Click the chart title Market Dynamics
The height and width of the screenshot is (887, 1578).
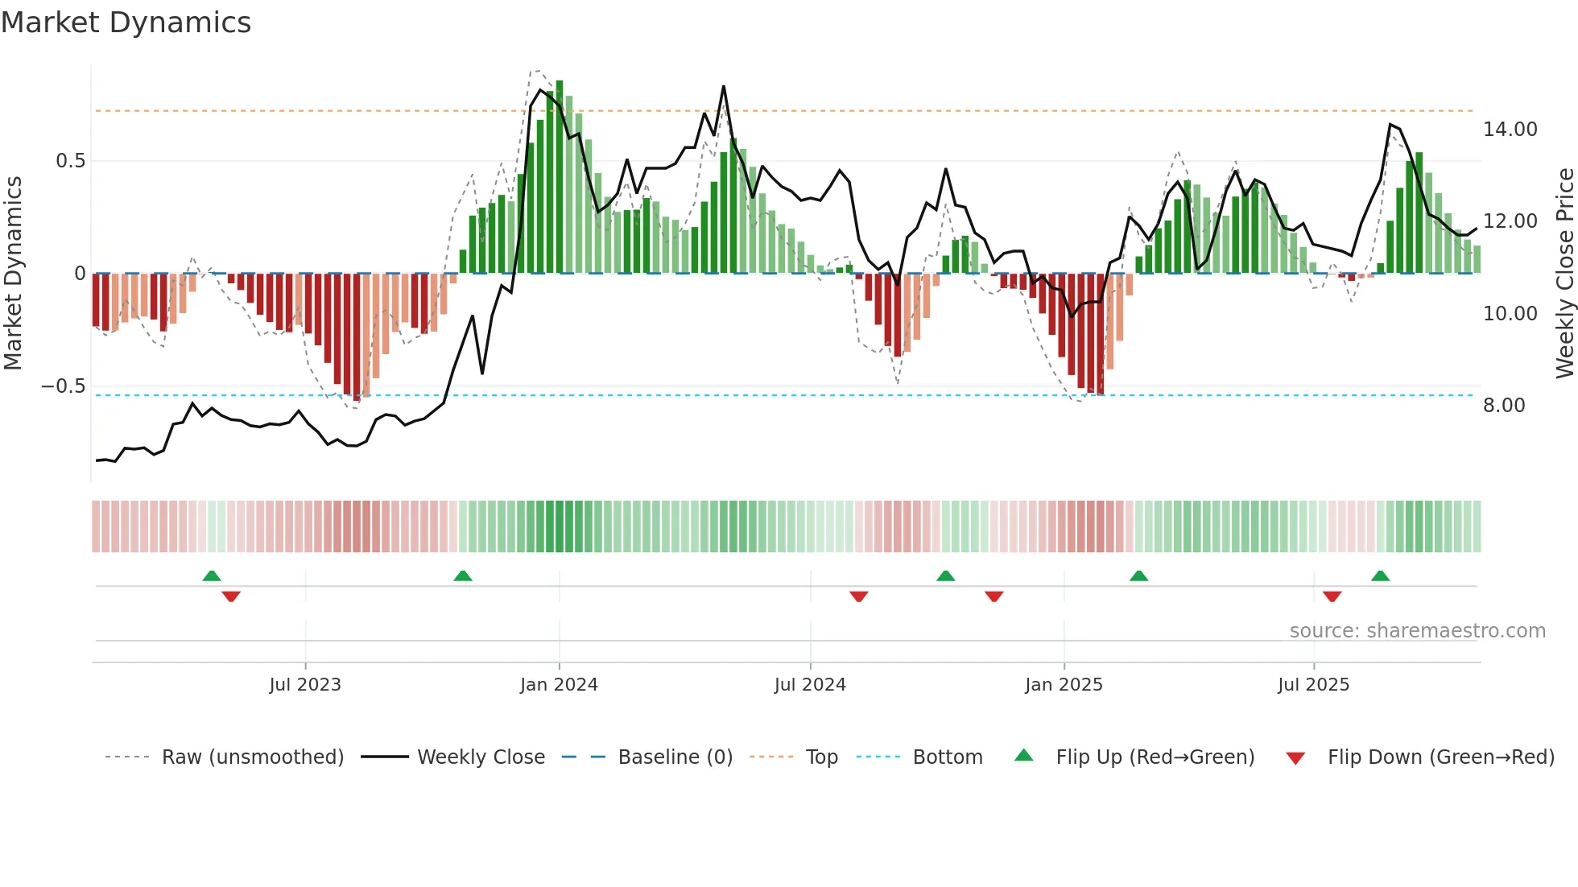coord(126,23)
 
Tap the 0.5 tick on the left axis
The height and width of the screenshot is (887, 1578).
coord(70,161)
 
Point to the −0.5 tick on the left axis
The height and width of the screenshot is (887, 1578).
coord(64,386)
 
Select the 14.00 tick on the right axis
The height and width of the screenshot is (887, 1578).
coord(1510,130)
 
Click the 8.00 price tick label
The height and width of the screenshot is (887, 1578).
coord(1504,406)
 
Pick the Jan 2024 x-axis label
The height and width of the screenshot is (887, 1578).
coord(559,685)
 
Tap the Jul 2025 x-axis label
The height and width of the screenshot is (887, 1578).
coord(1313,685)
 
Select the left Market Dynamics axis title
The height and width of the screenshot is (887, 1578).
coord(13,274)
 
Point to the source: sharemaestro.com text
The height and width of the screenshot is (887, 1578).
coord(1417,631)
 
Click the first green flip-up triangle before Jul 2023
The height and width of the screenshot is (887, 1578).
coord(212,576)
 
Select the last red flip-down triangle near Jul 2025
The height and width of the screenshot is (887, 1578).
coord(1332,596)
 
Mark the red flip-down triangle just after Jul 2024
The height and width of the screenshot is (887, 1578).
coord(858,596)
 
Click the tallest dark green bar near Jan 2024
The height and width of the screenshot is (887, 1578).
coord(560,177)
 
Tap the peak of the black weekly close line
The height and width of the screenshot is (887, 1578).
coord(724,87)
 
